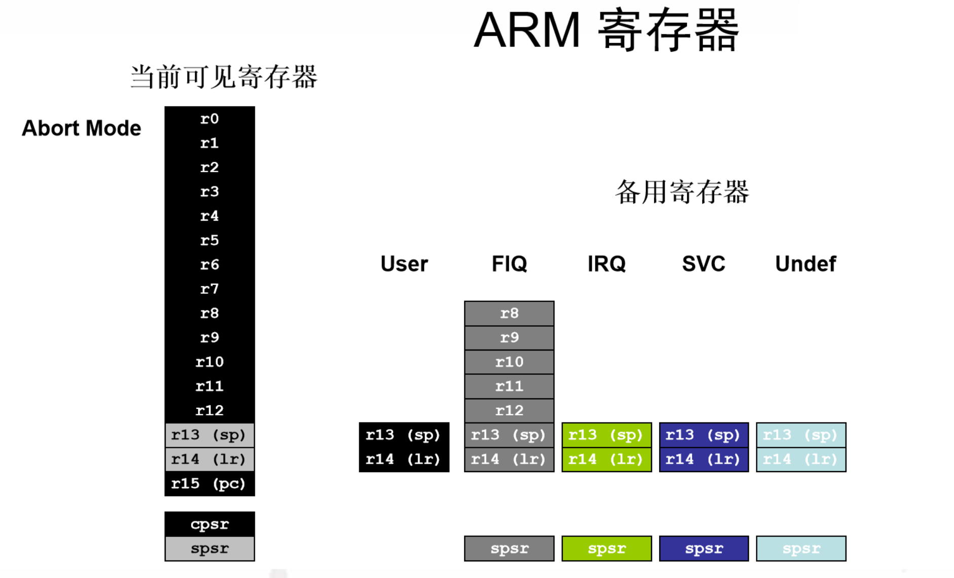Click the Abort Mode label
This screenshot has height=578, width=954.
(x=81, y=128)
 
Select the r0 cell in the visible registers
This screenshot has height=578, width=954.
(x=209, y=119)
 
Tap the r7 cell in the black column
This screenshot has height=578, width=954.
(x=209, y=289)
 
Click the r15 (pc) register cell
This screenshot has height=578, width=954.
(x=209, y=484)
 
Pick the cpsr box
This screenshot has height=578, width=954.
(x=209, y=524)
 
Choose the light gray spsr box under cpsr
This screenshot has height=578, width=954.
(x=209, y=549)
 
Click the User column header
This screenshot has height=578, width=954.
(x=404, y=264)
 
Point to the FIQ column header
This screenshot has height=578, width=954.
(x=509, y=264)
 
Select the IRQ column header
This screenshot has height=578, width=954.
(x=606, y=264)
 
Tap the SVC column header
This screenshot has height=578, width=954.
(x=703, y=264)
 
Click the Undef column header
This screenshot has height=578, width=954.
(x=805, y=264)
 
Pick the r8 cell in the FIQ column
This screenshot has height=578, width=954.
(x=509, y=314)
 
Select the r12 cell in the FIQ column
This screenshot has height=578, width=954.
(x=509, y=411)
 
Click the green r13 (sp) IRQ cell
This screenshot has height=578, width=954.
(x=606, y=435)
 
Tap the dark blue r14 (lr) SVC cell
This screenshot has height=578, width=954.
(x=703, y=459)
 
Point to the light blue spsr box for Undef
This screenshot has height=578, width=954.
(x=801, y=549)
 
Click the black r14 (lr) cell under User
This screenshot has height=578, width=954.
(x=404, y=459)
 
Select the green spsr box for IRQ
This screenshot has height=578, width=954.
(x=606, y=549)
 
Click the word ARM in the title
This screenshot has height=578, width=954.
(x=527, y=30)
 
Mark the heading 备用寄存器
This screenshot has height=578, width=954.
(x=682, y=192)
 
